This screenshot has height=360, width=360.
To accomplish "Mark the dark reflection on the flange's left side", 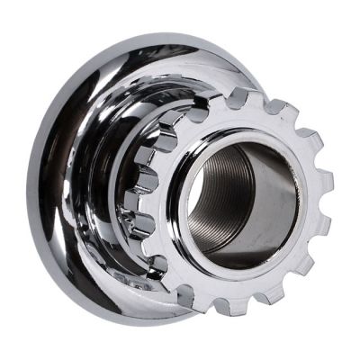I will pyautogui.click(x=67, y=180).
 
